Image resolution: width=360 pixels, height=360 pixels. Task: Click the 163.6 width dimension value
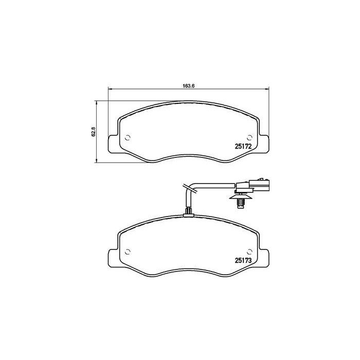coord(189,85)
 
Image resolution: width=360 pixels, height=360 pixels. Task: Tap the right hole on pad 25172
coord(250,137)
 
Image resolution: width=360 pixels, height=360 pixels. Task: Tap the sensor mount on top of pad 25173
coord(189,212)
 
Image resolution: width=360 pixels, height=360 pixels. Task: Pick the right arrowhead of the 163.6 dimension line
coord(267,91)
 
